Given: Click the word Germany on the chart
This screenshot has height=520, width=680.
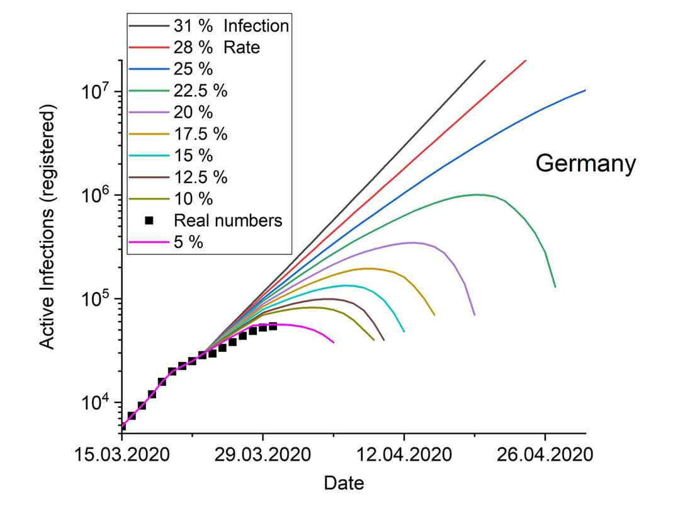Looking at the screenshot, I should [586, 164].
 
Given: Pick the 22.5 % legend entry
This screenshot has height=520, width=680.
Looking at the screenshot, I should [200, 91].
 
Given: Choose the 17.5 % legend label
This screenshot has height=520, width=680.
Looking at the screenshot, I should [200, 133].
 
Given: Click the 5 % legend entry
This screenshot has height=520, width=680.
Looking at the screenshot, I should [188, 242].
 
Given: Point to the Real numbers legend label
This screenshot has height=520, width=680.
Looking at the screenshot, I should [228, 220].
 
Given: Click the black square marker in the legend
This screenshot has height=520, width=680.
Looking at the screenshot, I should [149, 220].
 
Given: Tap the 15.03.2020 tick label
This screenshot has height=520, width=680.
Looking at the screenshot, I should [122, 455].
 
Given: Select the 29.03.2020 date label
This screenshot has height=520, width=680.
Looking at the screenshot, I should [263, 455].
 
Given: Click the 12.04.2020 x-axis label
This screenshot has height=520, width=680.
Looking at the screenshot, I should [404, 455].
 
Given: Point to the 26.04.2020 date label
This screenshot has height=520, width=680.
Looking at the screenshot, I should [545, 455].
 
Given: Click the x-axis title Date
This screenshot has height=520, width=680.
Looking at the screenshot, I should [344, 483].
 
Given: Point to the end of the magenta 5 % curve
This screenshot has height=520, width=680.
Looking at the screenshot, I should [333, 342].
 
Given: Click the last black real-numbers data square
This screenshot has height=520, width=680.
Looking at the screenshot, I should [273, 326].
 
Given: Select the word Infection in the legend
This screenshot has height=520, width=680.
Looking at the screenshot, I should [256, 26].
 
